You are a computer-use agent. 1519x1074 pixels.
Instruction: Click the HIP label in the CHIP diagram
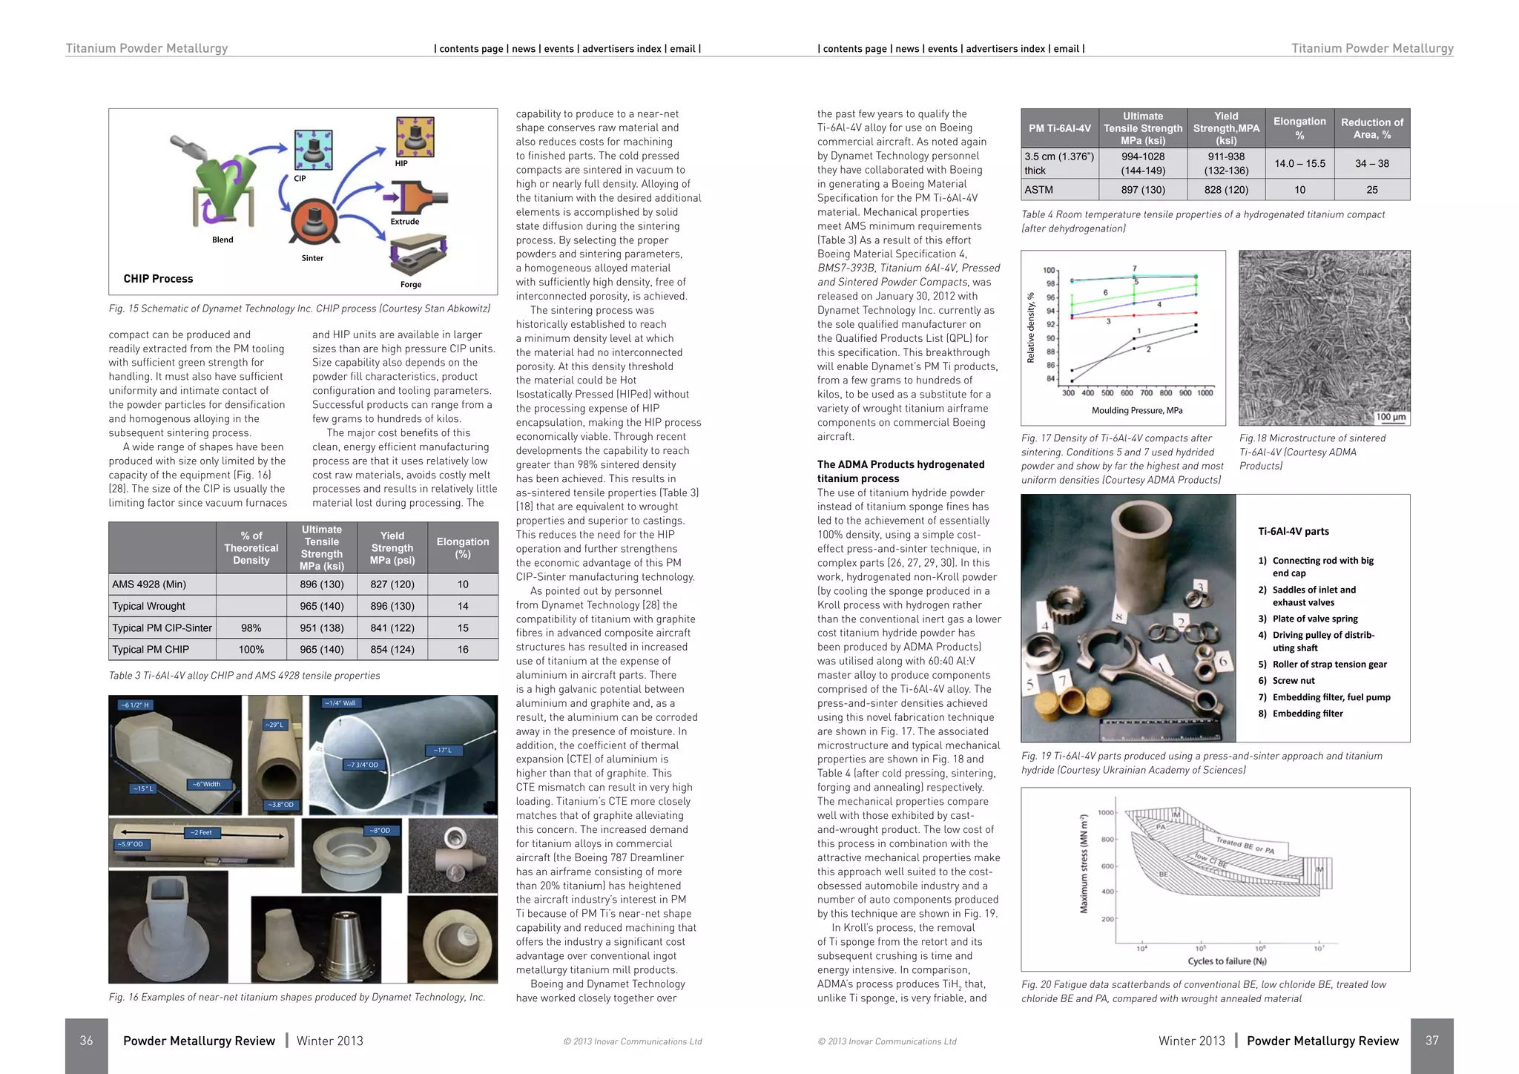[x=401, y=163]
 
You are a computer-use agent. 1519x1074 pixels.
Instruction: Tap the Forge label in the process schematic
[x=411, y=284]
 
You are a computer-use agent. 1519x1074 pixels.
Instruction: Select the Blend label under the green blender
[x=223, y=240]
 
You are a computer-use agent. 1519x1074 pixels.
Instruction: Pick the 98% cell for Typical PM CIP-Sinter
[x=251, y=627]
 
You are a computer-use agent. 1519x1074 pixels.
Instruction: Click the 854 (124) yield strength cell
[x=392, y=649]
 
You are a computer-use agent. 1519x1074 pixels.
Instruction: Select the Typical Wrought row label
[x=149, y=606]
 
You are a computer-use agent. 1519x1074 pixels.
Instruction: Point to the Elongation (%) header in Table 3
[x=463, y=547]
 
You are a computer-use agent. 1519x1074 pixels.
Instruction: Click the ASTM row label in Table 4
[x=1039, y=190]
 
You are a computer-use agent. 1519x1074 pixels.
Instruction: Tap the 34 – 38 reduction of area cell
[x=1372, y=163]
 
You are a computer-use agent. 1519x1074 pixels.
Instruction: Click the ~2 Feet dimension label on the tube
[x=201, y=832]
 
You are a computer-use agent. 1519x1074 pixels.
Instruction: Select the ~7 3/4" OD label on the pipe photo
[x=363, y=765]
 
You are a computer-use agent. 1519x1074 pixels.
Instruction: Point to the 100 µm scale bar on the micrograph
[x=1391, y=417]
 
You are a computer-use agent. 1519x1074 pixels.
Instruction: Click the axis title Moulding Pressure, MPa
[x=1137, y=410]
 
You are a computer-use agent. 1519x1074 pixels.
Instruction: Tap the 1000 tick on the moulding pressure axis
[x=1205, y=393]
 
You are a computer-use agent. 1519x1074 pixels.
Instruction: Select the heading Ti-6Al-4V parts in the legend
[x=1294, y=531]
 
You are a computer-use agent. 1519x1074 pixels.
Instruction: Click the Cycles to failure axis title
[x=1227, y=961]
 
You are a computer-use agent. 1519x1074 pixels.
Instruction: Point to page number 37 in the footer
[x=1431, y=1041]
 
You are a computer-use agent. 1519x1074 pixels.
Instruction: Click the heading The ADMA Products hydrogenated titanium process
[x=900, y=471]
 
